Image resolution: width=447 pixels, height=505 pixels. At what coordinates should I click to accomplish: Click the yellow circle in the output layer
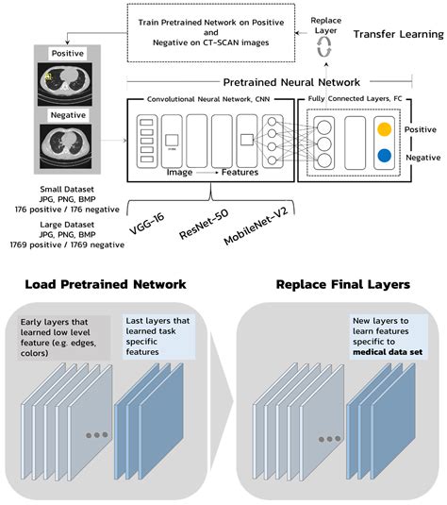tap(383, 129)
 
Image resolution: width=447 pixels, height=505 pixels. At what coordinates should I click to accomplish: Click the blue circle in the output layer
tap(383, 157)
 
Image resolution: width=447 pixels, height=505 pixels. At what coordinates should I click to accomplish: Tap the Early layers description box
tap(63, 334)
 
